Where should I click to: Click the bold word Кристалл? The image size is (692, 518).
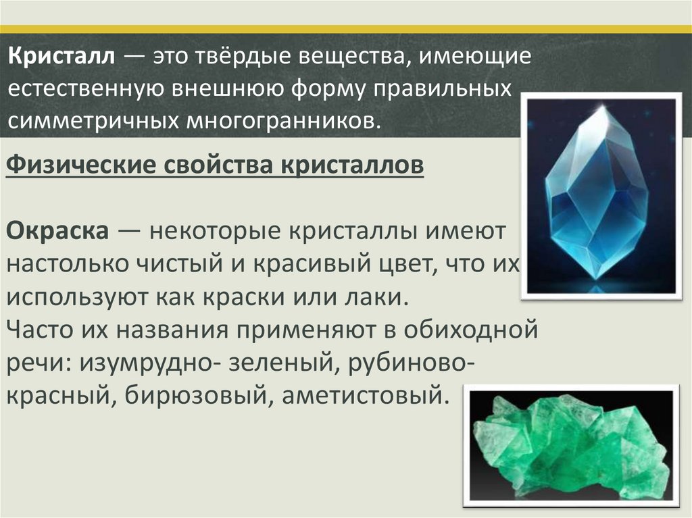pos(61,57)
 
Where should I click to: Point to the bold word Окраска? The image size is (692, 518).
pos(57,231)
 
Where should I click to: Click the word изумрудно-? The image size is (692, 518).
pos(151,363)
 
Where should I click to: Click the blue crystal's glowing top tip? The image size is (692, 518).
pos(602,109)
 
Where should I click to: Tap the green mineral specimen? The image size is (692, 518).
pos(569,449)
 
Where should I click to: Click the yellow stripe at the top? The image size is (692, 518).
pos(346,30)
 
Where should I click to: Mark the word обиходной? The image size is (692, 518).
pos(470,330)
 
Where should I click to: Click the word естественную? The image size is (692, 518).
pos(86,88)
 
